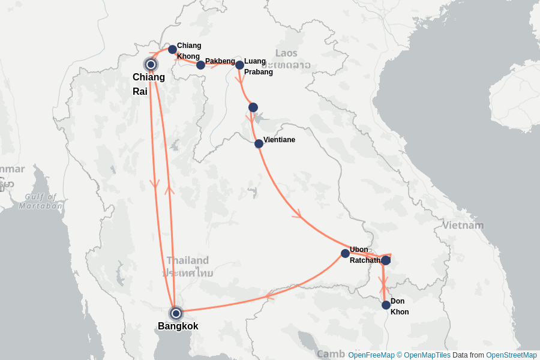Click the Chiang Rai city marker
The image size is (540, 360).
tap(151, 64)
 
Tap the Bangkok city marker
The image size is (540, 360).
tap(176, 313)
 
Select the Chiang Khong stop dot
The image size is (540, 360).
tap(172, 49)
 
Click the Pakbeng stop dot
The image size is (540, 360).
tap(200, 65)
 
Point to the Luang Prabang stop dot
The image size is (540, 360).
tap(239, 65)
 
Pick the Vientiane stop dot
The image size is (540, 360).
tap(259, 143)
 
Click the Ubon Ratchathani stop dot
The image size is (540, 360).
tap(345, 253)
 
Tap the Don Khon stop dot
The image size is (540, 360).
tap(386, 305)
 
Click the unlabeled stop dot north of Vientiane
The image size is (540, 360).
tap(253, 107)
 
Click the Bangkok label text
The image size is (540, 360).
tap(178, 326)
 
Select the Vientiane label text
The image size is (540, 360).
tap(279, 140)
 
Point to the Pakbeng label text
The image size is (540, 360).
tap(220, 61)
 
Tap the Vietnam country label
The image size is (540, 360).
tap(463, 226)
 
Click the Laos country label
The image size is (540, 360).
tap(286, 53)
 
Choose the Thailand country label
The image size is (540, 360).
tap(188, 260)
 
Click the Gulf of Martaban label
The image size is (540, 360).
tap(41, 201)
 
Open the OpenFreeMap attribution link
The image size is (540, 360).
tap(371, 355)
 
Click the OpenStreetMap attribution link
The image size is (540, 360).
tap(511, 355)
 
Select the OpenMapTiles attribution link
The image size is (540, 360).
tap(427, 355)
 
